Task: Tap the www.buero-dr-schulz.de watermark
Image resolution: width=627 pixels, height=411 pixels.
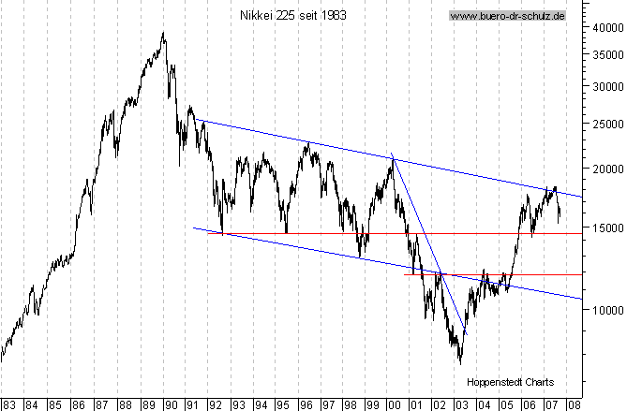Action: click(506, 16)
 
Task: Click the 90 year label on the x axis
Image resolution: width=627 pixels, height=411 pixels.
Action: click(170, 404)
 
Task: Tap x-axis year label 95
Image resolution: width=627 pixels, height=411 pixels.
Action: click(283, 404)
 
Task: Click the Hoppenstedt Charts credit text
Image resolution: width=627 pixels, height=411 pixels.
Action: click(511, 382)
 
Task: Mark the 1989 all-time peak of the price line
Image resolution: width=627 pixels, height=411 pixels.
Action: click(164, 33)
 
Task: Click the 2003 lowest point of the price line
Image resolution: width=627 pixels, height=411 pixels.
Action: click(460, 362)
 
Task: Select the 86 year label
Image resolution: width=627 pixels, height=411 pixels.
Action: click(78, 404)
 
